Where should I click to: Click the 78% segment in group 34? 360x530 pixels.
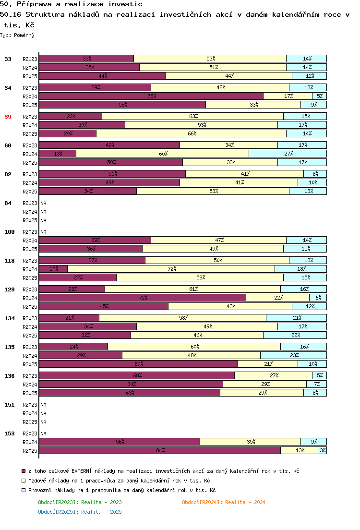pyautogui.click(x=151, y=96)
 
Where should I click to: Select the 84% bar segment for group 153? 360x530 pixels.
pyautogui.click(x=160, y=450)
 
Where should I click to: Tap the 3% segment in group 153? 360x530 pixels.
pyautogui.click(x=322, y=450)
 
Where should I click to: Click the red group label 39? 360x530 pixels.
pyautogui.click(x=8, y=117)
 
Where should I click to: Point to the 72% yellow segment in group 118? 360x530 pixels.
pyautogui.click(x=171, y=269)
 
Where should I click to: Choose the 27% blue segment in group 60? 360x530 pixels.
pyautogui.click(x=288, y=154)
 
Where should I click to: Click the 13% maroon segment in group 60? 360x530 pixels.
pyautogui.click(x=58, y=154)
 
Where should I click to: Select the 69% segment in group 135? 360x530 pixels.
pyautogui.click(x=138, y=364)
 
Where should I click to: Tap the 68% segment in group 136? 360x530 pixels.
pyautogui.click(x=137, y=375)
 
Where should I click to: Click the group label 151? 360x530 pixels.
pyautogui.click(x=10, y=405)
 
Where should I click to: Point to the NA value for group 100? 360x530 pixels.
pyautogui.click(x=43, y=232)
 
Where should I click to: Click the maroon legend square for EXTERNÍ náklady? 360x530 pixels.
pyautogui.click(x=24, y=471)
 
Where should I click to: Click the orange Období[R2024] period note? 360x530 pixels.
pyautogui.click(x=224, y=502)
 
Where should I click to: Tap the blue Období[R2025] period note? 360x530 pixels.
pyautogui.click(x=80, y=512)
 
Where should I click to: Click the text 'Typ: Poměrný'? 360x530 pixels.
pyautogui.click(x=17, y=35)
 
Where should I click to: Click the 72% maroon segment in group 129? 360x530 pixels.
pyautogui.click(x=143, y=298)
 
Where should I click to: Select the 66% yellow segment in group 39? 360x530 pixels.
pyautogui.click(x=192, y=133)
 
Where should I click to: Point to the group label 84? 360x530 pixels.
pyautogui.click(x=8, y=203)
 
